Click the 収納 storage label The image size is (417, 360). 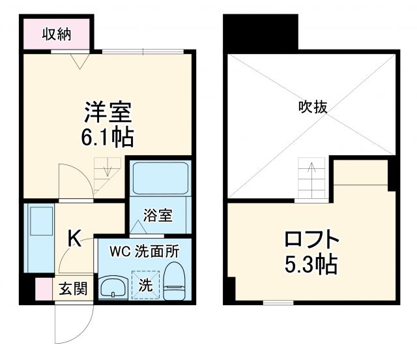[57, 33]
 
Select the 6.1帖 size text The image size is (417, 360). [109, 138]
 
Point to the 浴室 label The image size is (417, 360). [158, 214]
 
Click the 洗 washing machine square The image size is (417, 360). [145, 285]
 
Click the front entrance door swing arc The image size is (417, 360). [72, 326]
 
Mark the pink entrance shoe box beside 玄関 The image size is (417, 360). [43, 288]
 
